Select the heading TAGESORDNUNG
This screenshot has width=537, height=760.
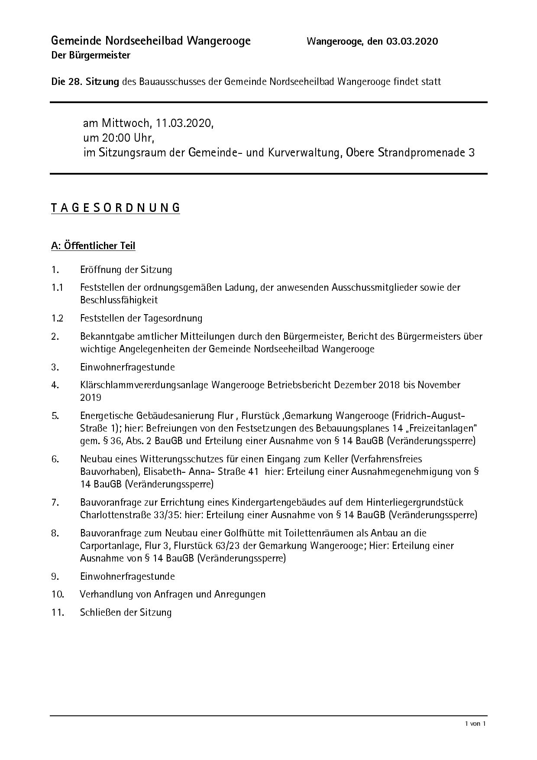(115, 208)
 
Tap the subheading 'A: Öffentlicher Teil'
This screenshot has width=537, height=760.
(93, 246)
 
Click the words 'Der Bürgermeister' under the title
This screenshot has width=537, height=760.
(91, 55)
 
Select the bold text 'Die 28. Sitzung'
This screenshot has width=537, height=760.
(85, 81)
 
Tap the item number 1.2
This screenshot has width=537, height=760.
(57, 318)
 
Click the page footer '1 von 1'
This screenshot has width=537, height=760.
(476, 724)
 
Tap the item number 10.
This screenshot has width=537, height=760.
(58, 594)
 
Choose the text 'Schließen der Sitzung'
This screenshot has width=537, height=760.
(126, 613)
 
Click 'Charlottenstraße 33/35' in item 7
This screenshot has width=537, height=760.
(134, 515)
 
